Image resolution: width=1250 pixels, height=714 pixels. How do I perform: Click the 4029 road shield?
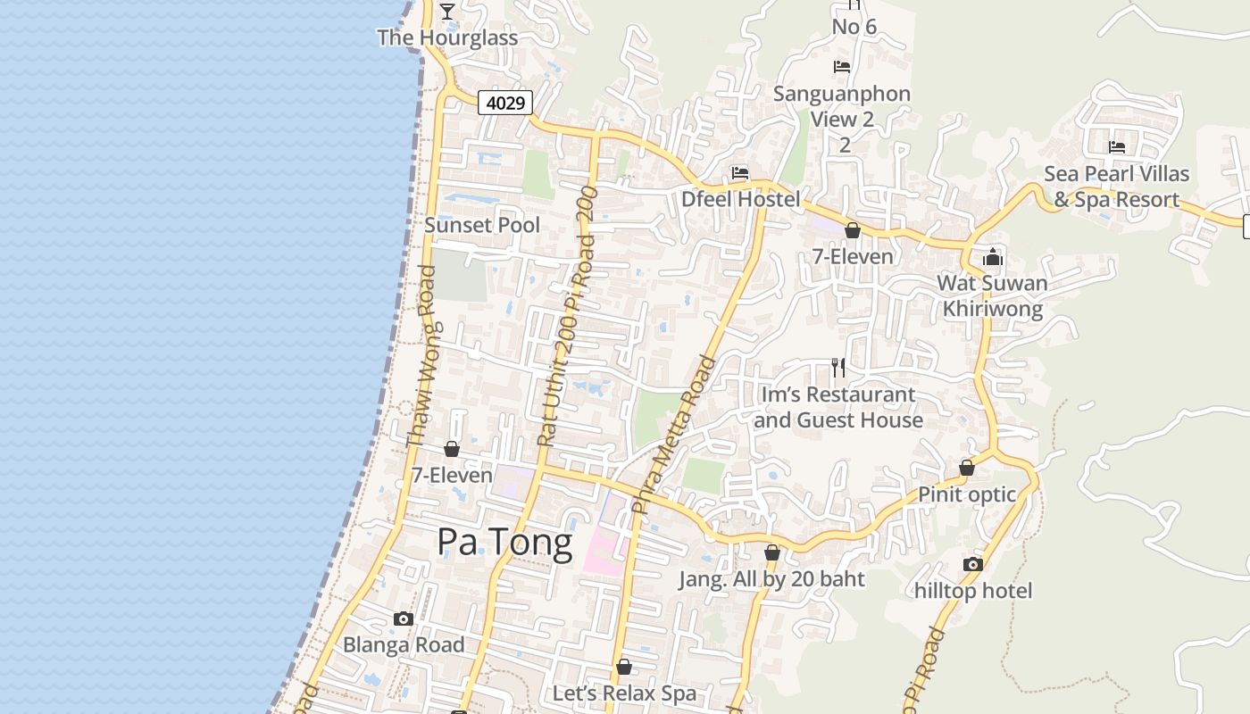(505, 103)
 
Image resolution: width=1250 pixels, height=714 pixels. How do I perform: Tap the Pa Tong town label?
(504, 542)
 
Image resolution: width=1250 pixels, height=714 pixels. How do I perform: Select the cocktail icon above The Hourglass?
(447, 11)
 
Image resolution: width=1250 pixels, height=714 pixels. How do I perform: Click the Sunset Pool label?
(482, 225)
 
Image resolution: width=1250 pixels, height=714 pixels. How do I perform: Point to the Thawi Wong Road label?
(421, 356)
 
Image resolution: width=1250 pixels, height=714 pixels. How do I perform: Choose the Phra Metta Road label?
(673, 435)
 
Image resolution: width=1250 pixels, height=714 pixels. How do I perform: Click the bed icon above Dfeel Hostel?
(740, 173)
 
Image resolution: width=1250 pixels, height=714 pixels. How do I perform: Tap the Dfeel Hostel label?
(741, 199)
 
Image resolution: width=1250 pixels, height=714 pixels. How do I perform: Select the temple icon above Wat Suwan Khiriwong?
(992, 258)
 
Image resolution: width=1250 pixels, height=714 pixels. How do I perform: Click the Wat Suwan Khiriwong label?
(992, 296)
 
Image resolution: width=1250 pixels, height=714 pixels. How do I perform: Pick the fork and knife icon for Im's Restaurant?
(838, 367)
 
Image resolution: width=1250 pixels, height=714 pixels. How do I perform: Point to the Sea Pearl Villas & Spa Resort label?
(1116, 187)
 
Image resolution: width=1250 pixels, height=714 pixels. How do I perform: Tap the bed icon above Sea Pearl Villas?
(1116, 147)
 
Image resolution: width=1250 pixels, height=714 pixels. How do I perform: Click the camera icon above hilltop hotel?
(973, 564)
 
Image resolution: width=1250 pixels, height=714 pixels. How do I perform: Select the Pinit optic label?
(967, 494)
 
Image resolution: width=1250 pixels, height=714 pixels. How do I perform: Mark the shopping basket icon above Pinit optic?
(966, 468)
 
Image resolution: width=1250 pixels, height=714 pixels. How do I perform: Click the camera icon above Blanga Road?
(404, 619)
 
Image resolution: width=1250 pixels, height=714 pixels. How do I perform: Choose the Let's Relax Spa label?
(624, 693)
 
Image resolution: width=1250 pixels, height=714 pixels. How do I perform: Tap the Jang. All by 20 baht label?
(771, 579)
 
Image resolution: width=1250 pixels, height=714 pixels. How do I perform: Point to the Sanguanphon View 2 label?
(842, 106)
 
